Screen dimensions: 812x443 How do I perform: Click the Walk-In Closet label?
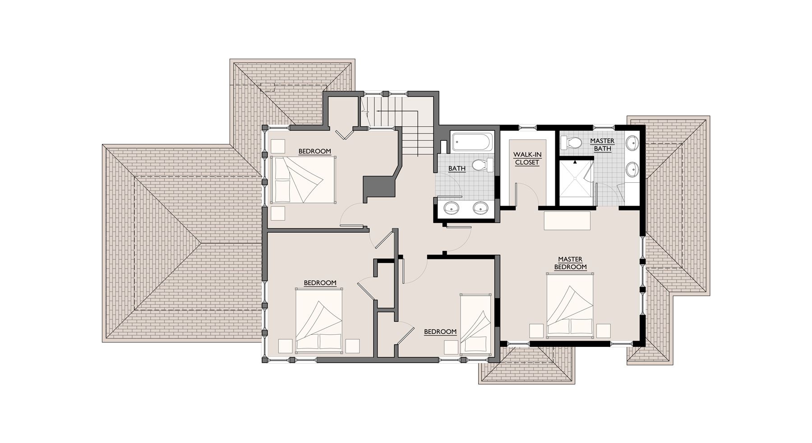click(527, 158)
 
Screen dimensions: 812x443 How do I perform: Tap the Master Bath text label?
click(602, 144)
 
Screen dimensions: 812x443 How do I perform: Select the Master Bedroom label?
click(570, 263)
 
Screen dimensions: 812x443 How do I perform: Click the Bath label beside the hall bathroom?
click(457, 168)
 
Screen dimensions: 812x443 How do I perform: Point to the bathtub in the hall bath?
click(471, 142)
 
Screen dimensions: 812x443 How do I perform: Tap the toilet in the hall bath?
click(482, 165)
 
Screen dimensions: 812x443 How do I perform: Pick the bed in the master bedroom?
click(570, 305)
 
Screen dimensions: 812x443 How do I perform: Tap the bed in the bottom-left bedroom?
click(319, 321)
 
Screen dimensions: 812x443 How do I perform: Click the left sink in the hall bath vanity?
click(452, 208)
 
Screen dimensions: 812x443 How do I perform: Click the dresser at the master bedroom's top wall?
click(567, 220)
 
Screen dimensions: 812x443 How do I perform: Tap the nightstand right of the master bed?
click(603, 330)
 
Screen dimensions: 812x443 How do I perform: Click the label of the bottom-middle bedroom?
click(440, 332)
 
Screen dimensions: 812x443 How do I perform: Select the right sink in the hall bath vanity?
click(481, 208)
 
